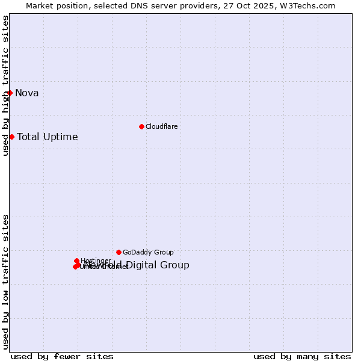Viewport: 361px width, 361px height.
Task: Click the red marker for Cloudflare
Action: tap(141, 126)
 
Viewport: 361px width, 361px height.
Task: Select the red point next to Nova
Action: tap(10, 93)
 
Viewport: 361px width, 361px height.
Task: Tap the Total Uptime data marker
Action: tap(11, 137)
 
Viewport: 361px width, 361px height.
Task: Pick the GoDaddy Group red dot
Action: tap(119, 252)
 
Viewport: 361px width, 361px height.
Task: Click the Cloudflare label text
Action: tap(161, 126)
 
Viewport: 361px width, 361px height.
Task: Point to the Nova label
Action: tap(27, 93)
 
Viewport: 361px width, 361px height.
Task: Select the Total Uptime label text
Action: tap(48, 137)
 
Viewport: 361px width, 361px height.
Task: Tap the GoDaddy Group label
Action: tap(148, 252)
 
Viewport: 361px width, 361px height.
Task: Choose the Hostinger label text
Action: tap(96, 261)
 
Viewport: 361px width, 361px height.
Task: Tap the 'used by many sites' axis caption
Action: tap(302, 356)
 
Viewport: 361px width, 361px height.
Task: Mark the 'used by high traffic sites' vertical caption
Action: tap(5, 85)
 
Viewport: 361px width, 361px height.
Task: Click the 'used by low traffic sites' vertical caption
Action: tap(5, 282)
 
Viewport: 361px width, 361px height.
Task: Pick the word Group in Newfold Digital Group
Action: tap(176, 265)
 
